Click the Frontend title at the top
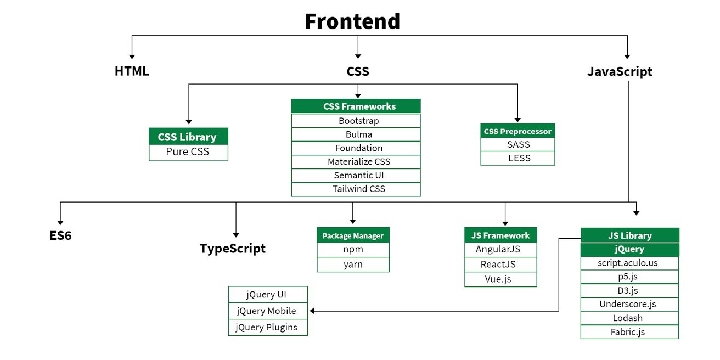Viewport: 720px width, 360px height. (352, 21)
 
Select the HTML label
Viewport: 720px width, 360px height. (132, 71)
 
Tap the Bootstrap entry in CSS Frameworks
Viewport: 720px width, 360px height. (356, 121)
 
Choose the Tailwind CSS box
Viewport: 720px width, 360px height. (356, 189)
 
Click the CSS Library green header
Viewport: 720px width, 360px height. (188, 137)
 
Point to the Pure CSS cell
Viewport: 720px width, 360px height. (188, 152)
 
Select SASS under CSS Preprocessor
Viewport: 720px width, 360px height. (518, 144)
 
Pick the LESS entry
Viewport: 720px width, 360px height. (518, 158)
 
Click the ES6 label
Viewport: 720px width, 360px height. (60, 236)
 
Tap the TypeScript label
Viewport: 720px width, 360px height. (233, 249)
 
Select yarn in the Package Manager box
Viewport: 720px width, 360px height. (353, 264)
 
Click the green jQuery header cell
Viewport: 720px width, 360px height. (629, 249)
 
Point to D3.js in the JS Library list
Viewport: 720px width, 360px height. (629, 290)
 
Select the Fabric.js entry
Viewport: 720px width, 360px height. (629, 331)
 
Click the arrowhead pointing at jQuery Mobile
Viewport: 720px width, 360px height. (312, 311)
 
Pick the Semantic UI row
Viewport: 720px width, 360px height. (356, 175)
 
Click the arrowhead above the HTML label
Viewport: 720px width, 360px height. (132, 55)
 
